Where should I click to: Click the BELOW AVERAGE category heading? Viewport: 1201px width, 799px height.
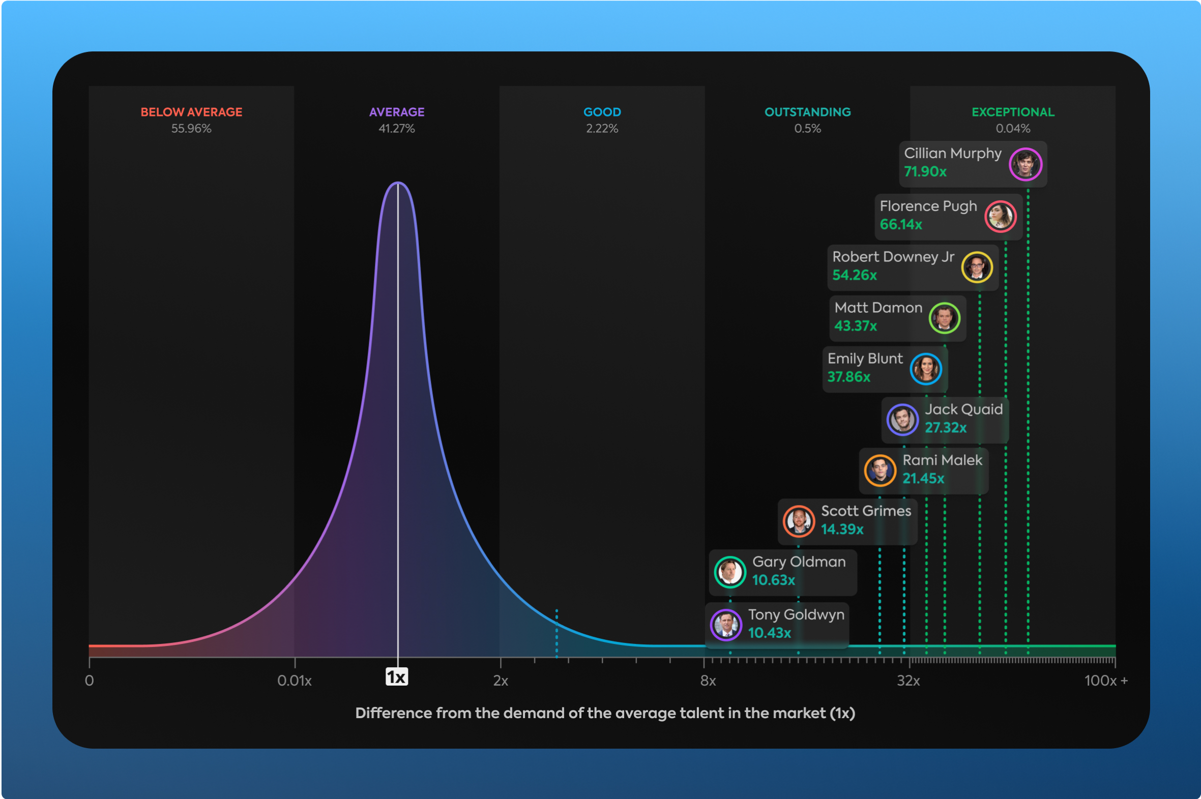pyautogui.click(x=191, y=112)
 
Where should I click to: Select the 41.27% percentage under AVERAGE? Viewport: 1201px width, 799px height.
pyautogui.click(x=396, y=128)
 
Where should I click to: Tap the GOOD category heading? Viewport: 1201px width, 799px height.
pyautogui.click(x=602, y=112)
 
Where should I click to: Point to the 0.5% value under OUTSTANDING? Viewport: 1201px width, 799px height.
pyautogui.click(x=807, y=128)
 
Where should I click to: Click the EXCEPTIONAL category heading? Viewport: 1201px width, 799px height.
pyautogui.click(x=1012, y=112)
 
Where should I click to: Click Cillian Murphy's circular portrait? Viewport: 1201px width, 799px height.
pyautogui.click(x=1025, y=164)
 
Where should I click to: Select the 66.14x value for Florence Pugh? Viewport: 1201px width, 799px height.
pyautogui.click(x=900, y=224)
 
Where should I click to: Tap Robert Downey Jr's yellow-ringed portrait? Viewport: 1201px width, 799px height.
pyautogui.click(x=976, y=267)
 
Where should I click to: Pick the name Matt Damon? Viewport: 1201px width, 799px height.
pyautogui.click(x=878, y=308)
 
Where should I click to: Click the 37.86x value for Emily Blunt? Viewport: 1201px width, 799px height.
pyautogui.click(x=848, y=376)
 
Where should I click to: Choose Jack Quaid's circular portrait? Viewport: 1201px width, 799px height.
pyautogui.click(x=902, y=420)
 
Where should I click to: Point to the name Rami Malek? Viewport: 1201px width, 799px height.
pyautogui.click(x=942, y=460)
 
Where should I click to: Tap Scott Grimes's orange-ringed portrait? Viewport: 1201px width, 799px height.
pyautogui.click(x=798, y=521)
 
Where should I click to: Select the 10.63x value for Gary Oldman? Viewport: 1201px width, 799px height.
pyautogui.click(x=773, y=580)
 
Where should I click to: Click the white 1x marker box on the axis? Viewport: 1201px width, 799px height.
pyautogui.click(x=396, y=677)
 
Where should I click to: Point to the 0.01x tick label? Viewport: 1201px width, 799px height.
pyautogui.click(x=294, y=681)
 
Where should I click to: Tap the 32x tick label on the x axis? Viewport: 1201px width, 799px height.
pyautogui.click(x=908, y=681)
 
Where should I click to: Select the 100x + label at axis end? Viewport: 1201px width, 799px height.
pyautogui.click(x=1105, y=681)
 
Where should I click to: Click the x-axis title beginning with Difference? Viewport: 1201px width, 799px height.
pyautogui.click(x=605, y=713)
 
